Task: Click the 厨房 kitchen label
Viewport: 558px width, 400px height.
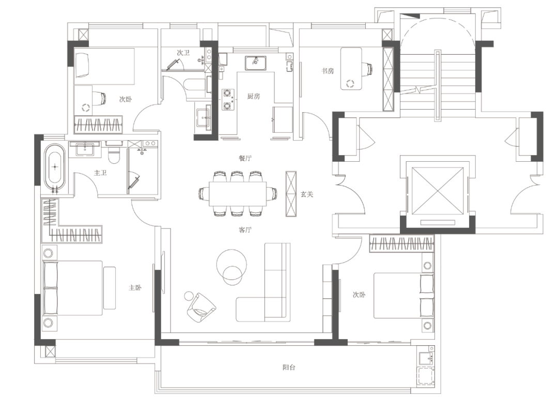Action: pyautogui.click(x=253, y=96)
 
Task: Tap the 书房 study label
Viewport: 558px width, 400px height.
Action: pyautogui.click(x=328, y=71)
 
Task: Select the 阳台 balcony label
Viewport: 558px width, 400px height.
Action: pyautogui.click(x=289, y=367)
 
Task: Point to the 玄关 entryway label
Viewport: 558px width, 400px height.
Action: pyautogui.click(x=307, y=194)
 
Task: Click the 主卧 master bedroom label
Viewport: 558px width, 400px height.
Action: pyautogui.click(x=135, y=287)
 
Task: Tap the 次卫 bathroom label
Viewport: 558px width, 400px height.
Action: pyautogui.click(x=183, y=53)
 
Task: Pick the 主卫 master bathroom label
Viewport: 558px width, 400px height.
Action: pyautogui.click(x=100, y=173)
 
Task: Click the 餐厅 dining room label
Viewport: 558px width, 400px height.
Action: pyautogui.click(x=245, y=158)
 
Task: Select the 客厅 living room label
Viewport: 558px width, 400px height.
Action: pyautogui.click(x=245, y=230)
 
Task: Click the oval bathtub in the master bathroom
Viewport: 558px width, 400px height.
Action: pyautogui.click(x=55, y=167)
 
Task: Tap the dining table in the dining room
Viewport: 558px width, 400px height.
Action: pyautogui.click(x=238, y=194)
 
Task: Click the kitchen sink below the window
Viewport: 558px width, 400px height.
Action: pyautogui.click(x=255, y=63)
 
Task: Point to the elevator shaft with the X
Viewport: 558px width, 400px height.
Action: pyautogui.click(x=438, y=191)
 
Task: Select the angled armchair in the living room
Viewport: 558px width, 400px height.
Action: pyautogui.click(x=201, y=308)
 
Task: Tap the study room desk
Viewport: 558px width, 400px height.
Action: pyautogui.click(x=351, y=69)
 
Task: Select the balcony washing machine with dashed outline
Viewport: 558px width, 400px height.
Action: pyautogui.click(x=425, y=377)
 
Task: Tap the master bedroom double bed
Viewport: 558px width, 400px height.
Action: pyautogui.click(x=73, y=288)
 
